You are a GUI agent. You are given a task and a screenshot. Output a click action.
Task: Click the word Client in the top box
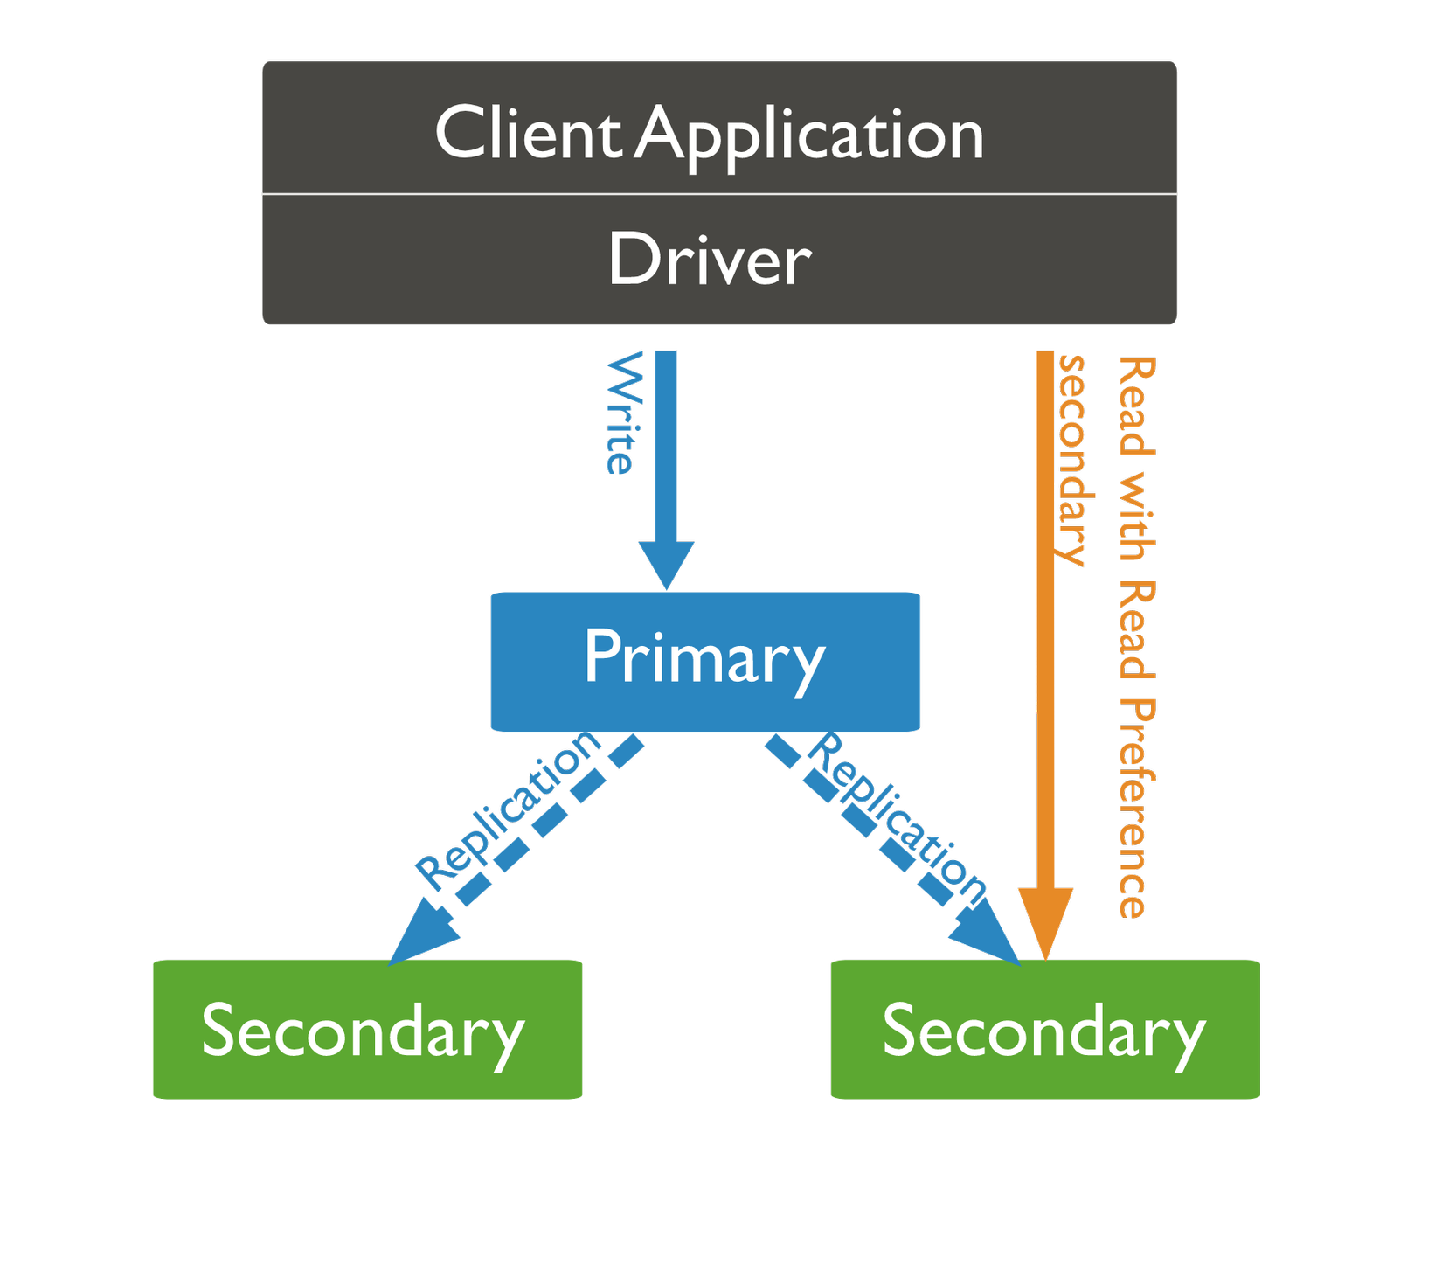pos(527,133)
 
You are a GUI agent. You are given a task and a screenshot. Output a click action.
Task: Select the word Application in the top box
pos(809,135)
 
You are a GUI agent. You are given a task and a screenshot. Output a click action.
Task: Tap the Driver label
pos(710,260)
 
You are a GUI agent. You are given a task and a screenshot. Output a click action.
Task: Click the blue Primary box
pos(705,661)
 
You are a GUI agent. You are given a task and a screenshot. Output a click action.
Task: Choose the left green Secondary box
pos(367,1029)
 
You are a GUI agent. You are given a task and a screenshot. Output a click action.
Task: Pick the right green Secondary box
pos(1045,1029)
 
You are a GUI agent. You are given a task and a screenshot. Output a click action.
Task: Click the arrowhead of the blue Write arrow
pos(666,564)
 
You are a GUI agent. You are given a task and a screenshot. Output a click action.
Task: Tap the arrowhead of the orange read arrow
pos(1045,922)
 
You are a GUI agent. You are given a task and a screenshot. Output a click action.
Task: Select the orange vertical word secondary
pos(1072,460)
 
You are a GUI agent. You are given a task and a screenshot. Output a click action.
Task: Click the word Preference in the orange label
pos(1137,808)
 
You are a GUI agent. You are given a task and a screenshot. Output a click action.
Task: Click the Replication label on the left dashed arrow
pos(507,809)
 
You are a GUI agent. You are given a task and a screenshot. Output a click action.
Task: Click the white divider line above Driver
pos(719,194)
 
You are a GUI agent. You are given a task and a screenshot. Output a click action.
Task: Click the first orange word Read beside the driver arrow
pos(1137,406)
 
